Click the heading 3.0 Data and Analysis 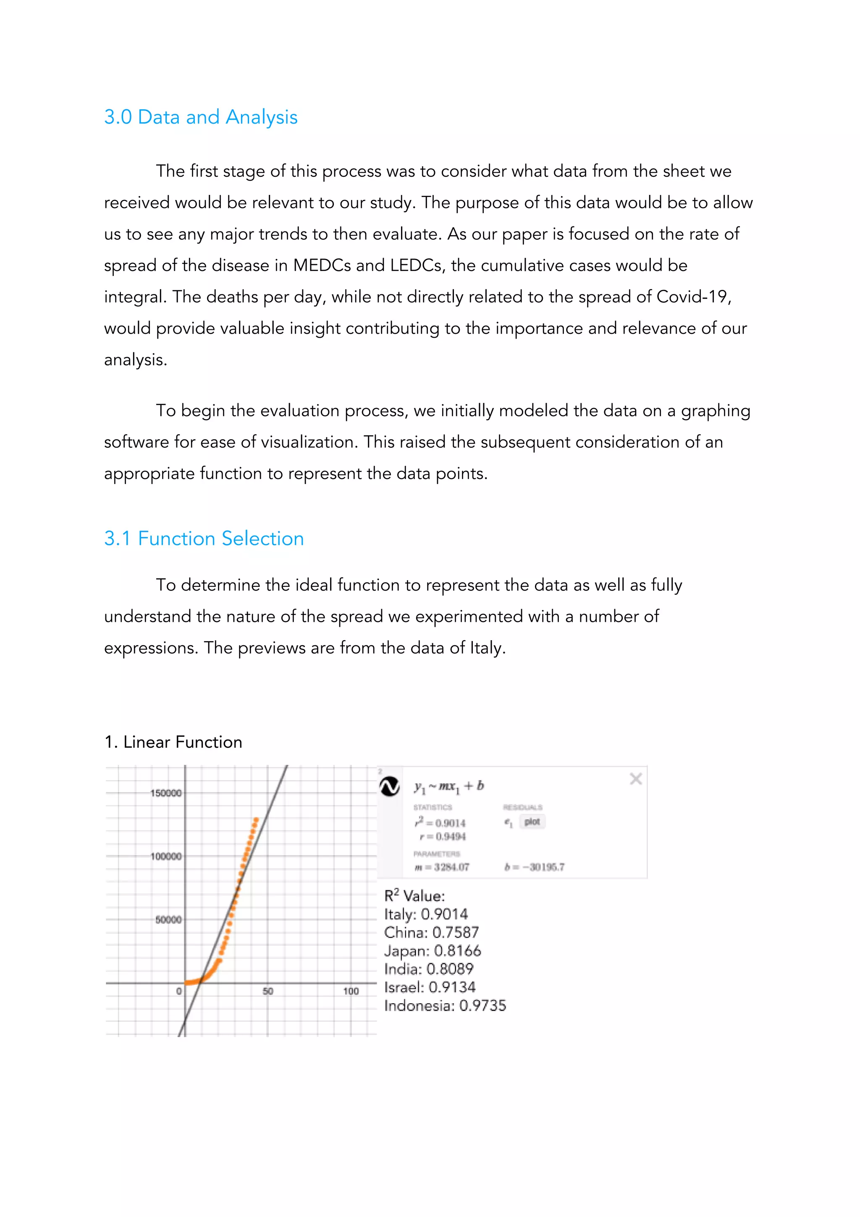click(x=200, y=117)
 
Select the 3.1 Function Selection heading click(x=204, y=539)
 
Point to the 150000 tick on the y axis click(x=165, y=793)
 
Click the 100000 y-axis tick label click(x=165, y=856)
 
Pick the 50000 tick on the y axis click(x=168, y=920)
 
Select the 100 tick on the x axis click(x=351, y=991)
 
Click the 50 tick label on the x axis click(x=267, y=991)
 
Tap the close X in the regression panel click(x=635, y=779)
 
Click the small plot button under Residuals click(x=532, y=822)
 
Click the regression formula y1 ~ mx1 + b click(x=449, y=786)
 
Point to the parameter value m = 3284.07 click(x=441, y=867)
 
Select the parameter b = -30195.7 click(x=534, y=867)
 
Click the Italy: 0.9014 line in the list click(x=426, y=915)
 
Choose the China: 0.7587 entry click(x=431, y=932)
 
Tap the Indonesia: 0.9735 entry click(x=445, y=1006)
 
